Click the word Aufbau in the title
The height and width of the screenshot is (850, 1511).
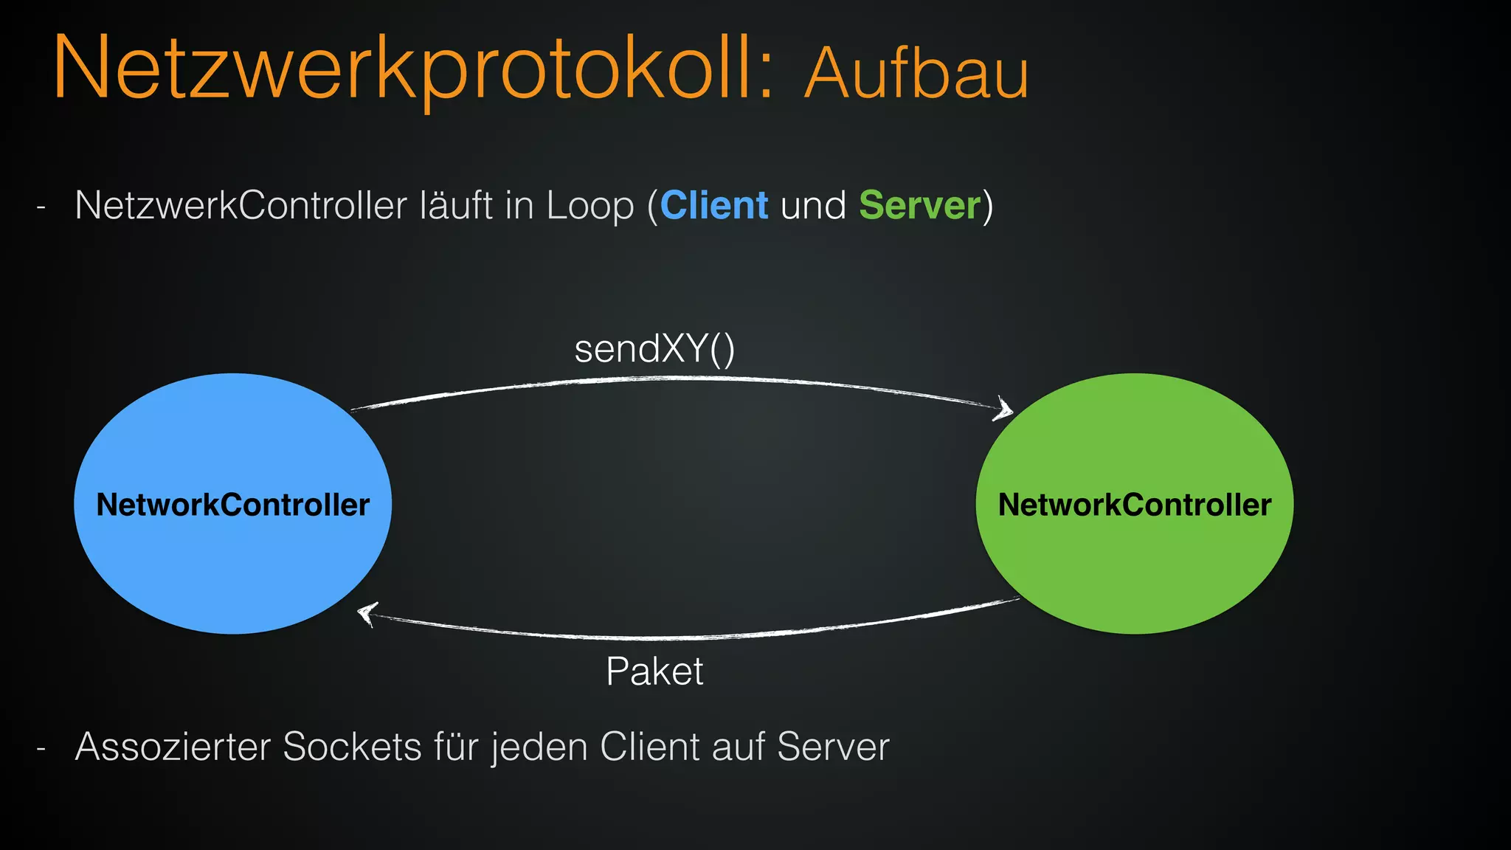916,74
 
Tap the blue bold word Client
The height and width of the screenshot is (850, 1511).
714,206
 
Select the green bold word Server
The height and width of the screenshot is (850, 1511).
919,206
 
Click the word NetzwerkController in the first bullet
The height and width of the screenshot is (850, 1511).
241,206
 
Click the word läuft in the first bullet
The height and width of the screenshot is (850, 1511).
456,206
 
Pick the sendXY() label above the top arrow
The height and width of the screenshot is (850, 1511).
654,350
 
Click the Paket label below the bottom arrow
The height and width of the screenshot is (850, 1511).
654,672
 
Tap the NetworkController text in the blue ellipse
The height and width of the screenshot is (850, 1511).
232,505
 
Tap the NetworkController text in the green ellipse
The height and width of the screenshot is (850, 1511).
1134,505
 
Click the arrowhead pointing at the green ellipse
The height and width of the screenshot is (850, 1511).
1004,408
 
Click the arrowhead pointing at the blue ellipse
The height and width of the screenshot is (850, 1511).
366,613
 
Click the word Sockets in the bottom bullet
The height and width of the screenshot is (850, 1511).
352,747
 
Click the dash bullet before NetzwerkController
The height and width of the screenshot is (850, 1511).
41,209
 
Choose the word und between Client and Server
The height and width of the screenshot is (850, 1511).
813,206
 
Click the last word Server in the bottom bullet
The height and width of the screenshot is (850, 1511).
833,747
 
